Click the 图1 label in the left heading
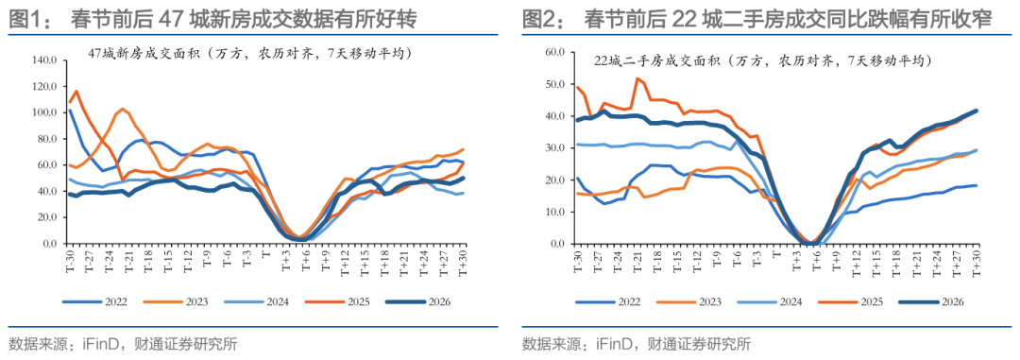click(27, 18)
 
